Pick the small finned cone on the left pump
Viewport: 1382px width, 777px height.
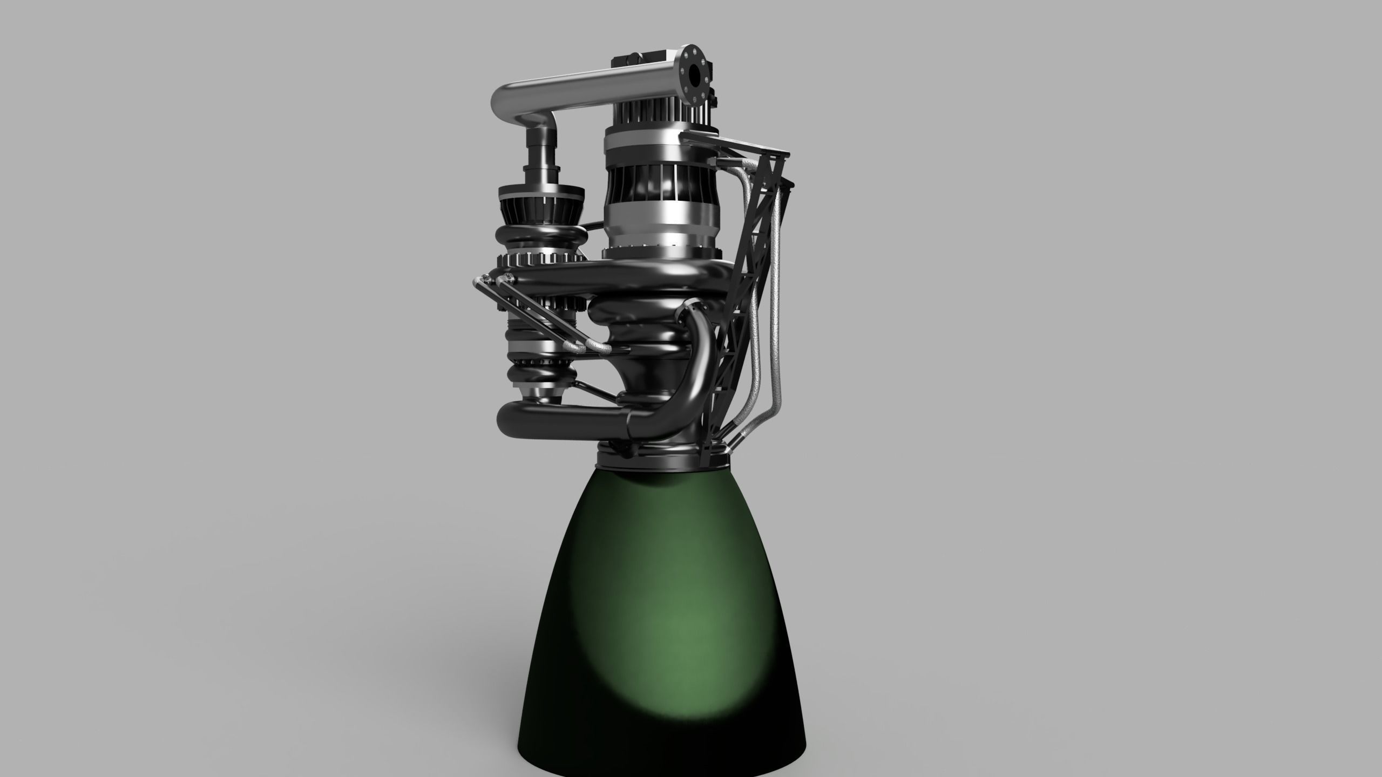540,208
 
